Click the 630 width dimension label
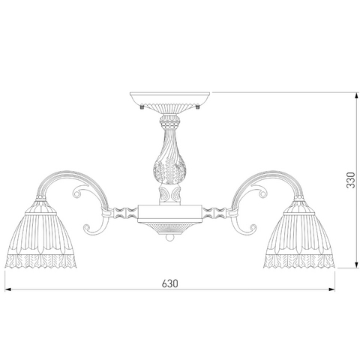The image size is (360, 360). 170,283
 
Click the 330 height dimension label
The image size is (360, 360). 351,180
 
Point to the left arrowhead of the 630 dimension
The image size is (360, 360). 8,289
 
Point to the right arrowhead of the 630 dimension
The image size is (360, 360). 332,289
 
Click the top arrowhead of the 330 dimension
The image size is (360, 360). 356,95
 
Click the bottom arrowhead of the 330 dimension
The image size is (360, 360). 356,265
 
